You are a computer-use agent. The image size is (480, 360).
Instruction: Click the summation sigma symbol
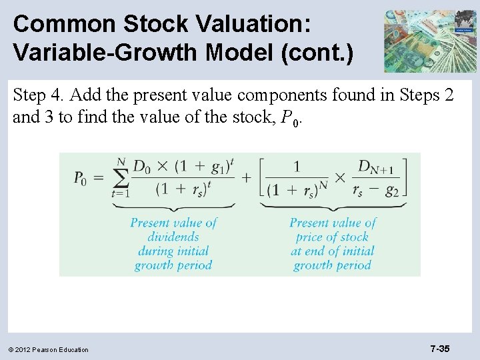point(121,178)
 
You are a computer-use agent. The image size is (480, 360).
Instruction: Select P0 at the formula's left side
point(80,178)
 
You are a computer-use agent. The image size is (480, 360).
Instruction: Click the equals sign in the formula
point(98,178)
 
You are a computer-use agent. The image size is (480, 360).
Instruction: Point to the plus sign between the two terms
point(246,178)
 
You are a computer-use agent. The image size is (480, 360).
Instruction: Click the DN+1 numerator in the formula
point(376,167)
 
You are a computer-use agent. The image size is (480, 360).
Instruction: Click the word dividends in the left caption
point(173,237)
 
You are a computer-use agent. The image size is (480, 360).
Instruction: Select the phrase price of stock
point(333,237)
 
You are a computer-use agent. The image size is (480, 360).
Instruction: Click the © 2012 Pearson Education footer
point(49,349)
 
